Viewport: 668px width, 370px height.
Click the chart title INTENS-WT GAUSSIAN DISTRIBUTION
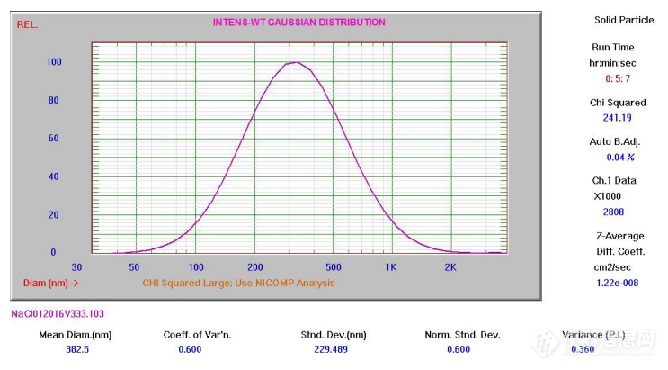click(x=298, y=23)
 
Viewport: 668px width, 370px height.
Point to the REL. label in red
click(x=27, y=24)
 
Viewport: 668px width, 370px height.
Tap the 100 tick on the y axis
click(x=54, y=62)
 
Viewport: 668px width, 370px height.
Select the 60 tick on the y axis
click(x=54, y=139)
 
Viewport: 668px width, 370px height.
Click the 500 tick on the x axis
click(x=333, y=267)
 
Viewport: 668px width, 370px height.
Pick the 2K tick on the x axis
click(x=450, y=267)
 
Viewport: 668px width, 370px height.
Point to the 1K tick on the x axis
click(x=390, y=267)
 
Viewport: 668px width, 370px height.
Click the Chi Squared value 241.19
click(x=618, y=117)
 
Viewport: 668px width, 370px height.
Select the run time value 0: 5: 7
click(x=618, y=78)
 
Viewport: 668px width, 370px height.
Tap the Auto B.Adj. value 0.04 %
click(x=618, y=158)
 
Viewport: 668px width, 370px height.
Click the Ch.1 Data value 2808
click(x=618, y=212)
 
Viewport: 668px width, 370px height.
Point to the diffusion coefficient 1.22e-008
click(x=618, y=283)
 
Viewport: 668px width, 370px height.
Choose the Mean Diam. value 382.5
click(x=78, y=349)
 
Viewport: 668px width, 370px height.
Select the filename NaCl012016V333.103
click(x=56, y=313)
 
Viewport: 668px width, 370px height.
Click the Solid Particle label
click(x=618, y=20)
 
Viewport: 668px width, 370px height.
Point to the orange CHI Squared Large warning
click(x=238, y=283)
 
